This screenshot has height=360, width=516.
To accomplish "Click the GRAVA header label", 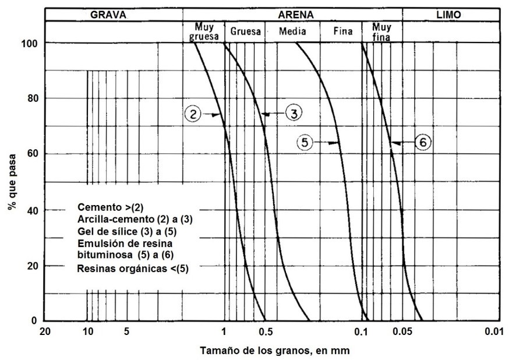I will coord(108,15).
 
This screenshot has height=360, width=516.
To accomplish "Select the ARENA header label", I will coord(292,15).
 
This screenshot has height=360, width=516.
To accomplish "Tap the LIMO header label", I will coord(447,15).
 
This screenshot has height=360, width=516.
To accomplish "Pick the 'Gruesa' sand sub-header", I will coord(245,31).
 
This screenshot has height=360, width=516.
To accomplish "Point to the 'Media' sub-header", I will coord(292,31).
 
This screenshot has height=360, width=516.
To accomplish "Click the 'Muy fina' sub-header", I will coord(381,31).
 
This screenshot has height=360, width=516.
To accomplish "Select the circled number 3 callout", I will coord(294,114).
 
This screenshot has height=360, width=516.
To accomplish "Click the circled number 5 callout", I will coord(305,142).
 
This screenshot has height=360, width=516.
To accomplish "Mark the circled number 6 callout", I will coord(422,142).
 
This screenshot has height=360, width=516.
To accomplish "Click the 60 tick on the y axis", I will coord(33,154).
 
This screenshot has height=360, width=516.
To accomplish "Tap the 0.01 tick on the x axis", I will coord(493,333).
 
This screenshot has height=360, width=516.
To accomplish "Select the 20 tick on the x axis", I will coord(45,333).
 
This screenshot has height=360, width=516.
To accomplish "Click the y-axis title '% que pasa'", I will coord(12,182).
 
